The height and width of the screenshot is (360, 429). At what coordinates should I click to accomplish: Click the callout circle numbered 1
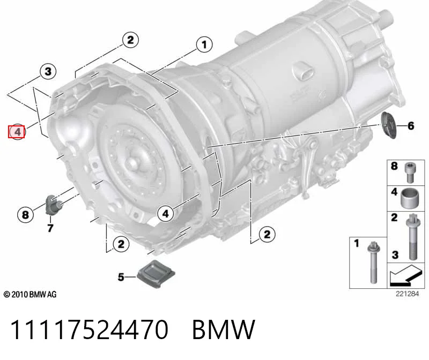pyautogui.click(x=204, y=44)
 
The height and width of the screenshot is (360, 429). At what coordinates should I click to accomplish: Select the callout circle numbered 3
pyautogui.click(x=48, y=72)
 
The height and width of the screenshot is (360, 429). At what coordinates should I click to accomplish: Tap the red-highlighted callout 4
pyautogui.click(x=17, y=132)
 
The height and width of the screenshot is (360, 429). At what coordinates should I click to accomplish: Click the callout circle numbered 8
pyautogui.click(x=25, y=214)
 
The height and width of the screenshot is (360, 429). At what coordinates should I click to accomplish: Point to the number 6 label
pyautogui.click(x=411, y=126)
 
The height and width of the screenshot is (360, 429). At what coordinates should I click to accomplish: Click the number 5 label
pyautogui.click(x=121, y=277)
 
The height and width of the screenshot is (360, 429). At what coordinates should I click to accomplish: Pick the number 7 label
pyautogui.click(x=50, y=228)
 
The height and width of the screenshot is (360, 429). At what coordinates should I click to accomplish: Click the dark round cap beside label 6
pyautogui.click(x=388, y=125)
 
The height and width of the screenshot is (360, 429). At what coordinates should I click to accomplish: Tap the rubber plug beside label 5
pyautogui.click(x=156, y=274)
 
